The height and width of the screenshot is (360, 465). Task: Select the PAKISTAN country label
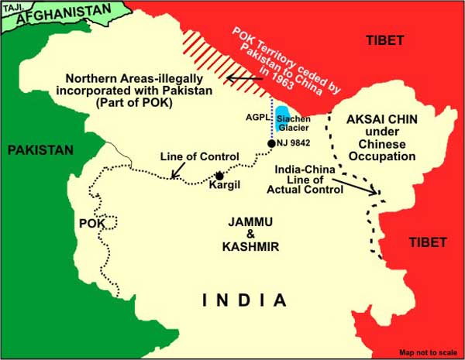click(40, 149)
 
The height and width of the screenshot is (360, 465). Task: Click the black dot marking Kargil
click(220, 175)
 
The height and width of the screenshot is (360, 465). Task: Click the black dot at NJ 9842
click(270, 143)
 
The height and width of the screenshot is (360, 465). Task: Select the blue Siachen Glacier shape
click(284, 118)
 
